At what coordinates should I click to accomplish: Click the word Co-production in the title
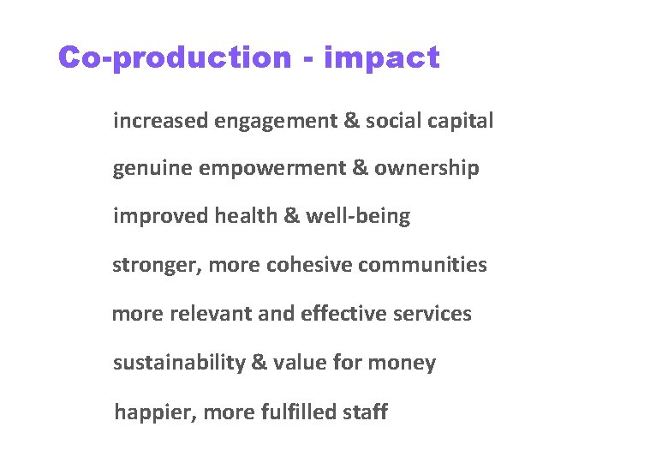point(175,58)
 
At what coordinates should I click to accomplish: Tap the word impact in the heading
point(382,58)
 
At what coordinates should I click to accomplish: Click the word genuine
point(152,169)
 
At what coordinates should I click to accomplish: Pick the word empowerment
point(272,169)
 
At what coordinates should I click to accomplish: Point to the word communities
point(422,265)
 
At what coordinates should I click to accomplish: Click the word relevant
point(211,313)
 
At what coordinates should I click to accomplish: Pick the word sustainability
point(178,363)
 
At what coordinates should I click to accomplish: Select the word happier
point(153,413)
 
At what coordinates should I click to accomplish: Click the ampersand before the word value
point(259,363)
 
